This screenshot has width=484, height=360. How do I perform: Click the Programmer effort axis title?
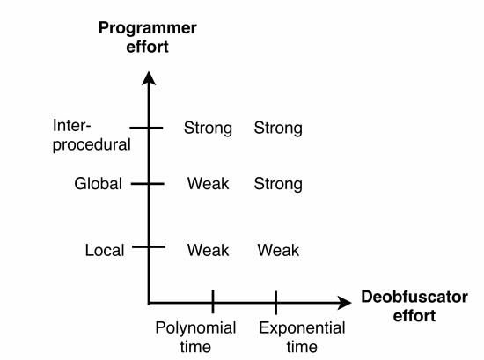[x=148, y=37]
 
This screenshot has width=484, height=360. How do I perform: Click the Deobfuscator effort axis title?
[x=414, y=306]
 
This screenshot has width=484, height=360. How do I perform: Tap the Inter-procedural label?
[x=92, y=135]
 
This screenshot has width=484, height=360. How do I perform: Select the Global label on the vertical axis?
[x=99, y=183]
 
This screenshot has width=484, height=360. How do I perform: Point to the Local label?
[x=105, y=250]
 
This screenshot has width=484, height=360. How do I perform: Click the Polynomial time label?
[x=195, y=337]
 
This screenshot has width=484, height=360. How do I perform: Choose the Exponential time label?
[x=302, y=337]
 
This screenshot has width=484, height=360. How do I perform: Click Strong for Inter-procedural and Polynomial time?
[x=208, y=128]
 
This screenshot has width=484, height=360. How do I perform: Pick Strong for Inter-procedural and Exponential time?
[x=278, y=128]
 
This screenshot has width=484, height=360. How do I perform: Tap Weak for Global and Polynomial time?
[x=208, y=183]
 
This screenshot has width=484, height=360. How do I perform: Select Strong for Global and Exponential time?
[x=278, y=184]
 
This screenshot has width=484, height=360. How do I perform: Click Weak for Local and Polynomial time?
[x=208, y=250]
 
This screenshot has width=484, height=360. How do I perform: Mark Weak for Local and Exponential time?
[x=278, y=250]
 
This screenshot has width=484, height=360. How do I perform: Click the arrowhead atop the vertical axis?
[x=149, y=77]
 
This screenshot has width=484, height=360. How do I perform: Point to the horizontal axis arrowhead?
[x=344, y=303]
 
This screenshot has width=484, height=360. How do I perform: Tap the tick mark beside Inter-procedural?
[x=146, y=128]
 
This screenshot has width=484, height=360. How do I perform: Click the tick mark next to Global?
[x=148, y=184]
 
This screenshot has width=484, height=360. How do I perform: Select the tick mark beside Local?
[x=149, y=246]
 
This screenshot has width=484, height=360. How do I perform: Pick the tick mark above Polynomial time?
[x=213, y=302]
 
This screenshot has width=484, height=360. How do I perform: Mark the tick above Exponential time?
[x=275, y=303]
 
